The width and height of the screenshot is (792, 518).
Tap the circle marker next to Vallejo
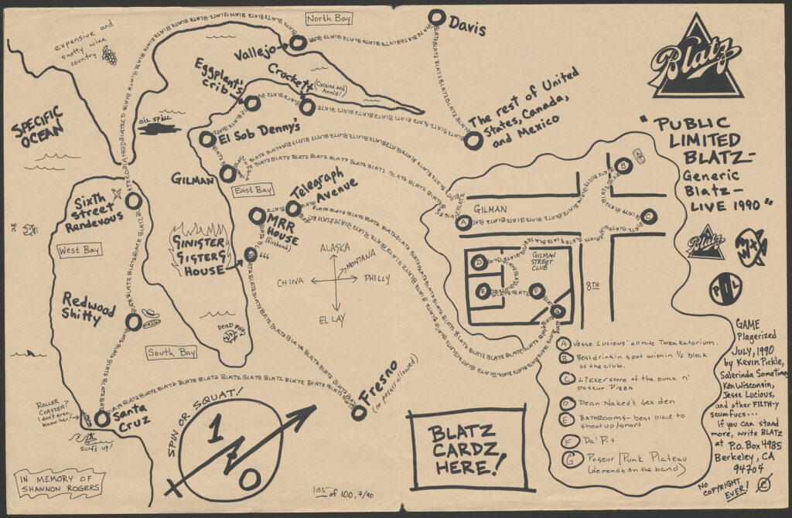300,46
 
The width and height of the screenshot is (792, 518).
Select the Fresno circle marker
358,412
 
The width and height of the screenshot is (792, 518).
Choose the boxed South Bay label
172,353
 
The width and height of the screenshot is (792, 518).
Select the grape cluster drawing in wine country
110,56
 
